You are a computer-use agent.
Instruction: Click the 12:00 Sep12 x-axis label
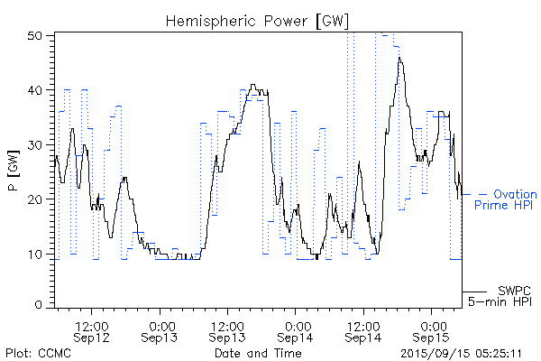click(x=93, y=330)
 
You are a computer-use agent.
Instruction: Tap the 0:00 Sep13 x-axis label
click(x=161, y=330)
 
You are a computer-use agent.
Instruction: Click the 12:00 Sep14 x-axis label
click(x=364, y=330)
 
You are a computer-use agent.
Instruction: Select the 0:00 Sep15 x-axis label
click(x=433, y=330)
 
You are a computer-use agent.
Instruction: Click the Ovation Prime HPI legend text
click(x=506, y=200)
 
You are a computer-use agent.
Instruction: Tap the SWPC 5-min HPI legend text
click(x=509, y=295)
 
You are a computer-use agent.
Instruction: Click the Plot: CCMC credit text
click(x=38, y=353)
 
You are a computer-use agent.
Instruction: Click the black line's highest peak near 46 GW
click(x=399, y=59)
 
